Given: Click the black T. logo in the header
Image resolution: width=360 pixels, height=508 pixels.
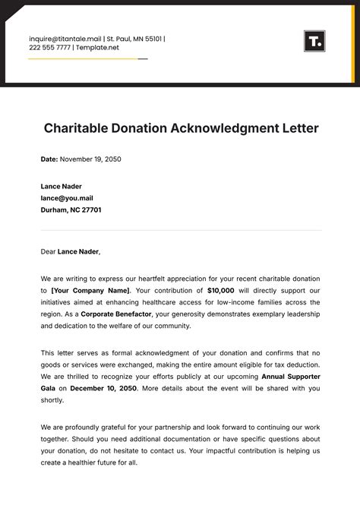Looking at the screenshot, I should [x=314, y=41].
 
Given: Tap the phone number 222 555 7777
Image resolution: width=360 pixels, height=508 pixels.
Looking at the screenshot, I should [x=49, y=48].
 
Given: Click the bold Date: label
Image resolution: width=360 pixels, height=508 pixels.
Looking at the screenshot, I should [x=49, y=159].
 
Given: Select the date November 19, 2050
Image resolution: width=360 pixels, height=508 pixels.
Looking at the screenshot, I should [x=90, y=159].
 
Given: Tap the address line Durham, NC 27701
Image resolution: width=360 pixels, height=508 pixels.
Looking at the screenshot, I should [x=71, y=210].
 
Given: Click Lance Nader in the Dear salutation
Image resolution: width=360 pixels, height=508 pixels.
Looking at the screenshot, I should [x=78, y=251].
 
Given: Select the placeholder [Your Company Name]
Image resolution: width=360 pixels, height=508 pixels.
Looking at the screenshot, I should [x=90, y=290].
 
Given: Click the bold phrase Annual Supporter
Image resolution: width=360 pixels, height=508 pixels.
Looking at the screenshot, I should [x=291, y=376].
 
